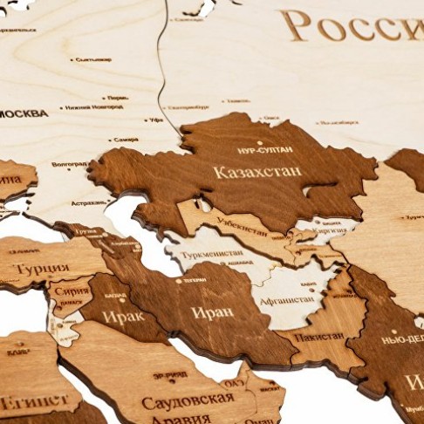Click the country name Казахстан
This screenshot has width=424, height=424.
pyautogui.click(x=257, y=172)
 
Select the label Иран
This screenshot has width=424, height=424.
pyautogui.click(x=212, y=311)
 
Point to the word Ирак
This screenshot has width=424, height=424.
pyautogui.click(x=123, y=316)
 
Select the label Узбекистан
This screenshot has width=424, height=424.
pyautogui.click(x=242, y=230)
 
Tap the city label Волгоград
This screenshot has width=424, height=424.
pyautogui.click(x=69, y=164)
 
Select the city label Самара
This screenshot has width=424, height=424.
pyautogui.click(x=126, y=140)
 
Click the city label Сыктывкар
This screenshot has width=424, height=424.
pyautogui.click(x=93, y=59)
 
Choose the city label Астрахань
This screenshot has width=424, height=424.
pyautogui.click(x=88, y=202)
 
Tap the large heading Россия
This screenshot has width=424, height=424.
pyautogui.click(x=353, y=26)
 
